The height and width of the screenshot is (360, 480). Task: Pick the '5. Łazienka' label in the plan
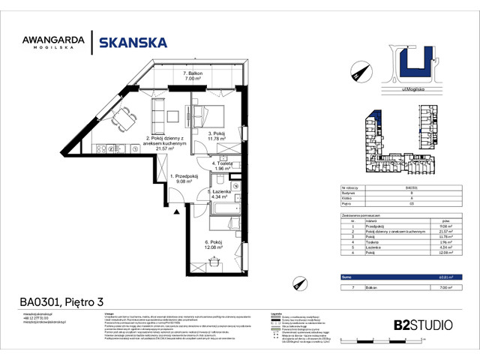point(220,193)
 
